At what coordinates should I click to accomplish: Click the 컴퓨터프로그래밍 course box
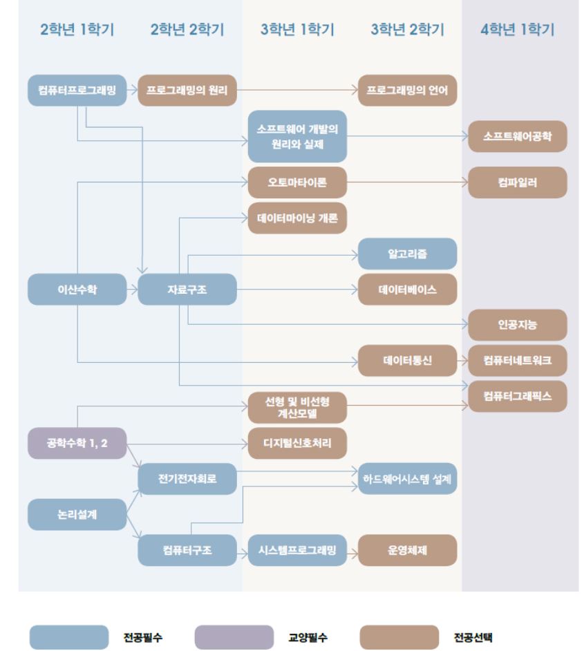coord(77,90)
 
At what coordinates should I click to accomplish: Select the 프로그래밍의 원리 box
coord(187,90)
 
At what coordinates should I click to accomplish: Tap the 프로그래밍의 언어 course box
coord(407,90)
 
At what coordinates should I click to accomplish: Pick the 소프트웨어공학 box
coord(517,136)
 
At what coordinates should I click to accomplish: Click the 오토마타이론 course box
coord(297,183)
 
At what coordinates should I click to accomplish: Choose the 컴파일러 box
coord(517,183)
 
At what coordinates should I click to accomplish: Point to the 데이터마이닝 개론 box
coord(297,218)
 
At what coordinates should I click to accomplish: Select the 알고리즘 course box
coord(407,254)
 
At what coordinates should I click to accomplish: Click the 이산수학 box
coord(77,290)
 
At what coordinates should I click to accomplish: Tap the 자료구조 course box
coord(187,290)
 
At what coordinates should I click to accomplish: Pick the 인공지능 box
coord(517,325)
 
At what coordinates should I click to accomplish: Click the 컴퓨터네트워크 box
coord(517,361)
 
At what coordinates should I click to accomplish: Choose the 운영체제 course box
coord(407,550)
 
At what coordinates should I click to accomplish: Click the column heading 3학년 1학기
coord(297,30)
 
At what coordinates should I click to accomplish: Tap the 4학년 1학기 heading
coord(517,30)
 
